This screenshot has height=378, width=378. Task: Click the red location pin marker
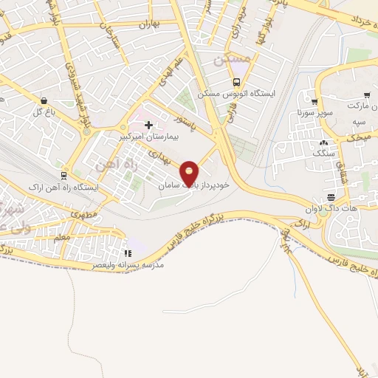tap(190, 173)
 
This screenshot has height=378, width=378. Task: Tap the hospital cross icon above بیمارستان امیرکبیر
tap(149, 125)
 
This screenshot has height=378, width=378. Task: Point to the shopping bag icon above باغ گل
tap(44, 100)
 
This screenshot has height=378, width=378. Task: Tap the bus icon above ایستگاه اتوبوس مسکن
tap(237, 82)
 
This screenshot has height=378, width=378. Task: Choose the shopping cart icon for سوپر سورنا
tap(315, 102)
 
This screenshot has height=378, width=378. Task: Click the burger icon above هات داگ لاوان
tap(331, 197)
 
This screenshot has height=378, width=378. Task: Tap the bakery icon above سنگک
tap(323, 142)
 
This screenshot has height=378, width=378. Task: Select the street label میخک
tap(360, 137)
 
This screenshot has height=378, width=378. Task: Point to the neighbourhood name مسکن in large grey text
tap(226, 60)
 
